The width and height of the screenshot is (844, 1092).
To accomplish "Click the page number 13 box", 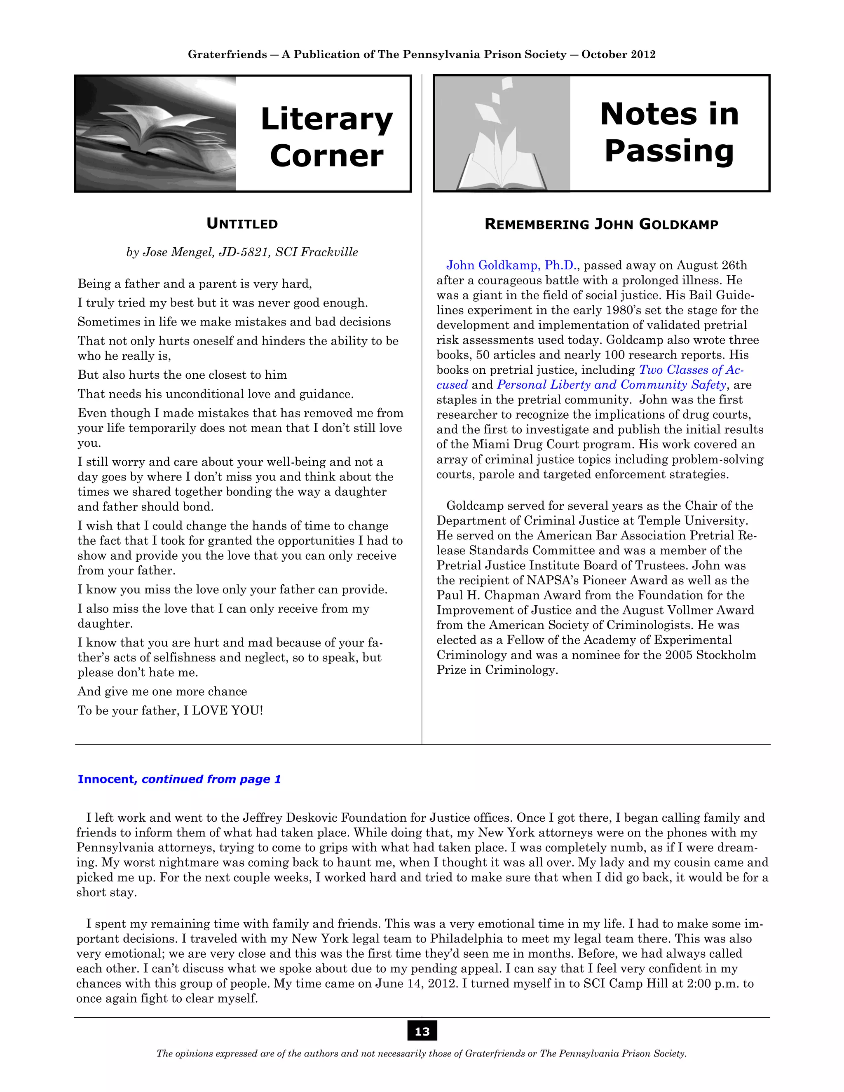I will pyautogui.click(x=422, y=1031).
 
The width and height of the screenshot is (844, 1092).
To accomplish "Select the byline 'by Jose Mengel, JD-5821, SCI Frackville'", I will pyautogui.click(x=242, y=252).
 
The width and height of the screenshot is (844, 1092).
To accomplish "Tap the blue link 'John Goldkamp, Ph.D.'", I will pyautogui.click(x=512, y=265).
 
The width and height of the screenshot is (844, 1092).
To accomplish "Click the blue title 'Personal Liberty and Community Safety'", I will pyautogui.click(x=611, y=384).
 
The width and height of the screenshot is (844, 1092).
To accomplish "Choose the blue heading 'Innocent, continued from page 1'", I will pyautogui.click(x=179, y=779).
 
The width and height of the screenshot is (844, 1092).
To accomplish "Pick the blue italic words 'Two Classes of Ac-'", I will pyautogui.click(x=691, y=370).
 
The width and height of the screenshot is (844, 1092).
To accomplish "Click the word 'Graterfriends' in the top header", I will pyautogui.click(x=227, y=54).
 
